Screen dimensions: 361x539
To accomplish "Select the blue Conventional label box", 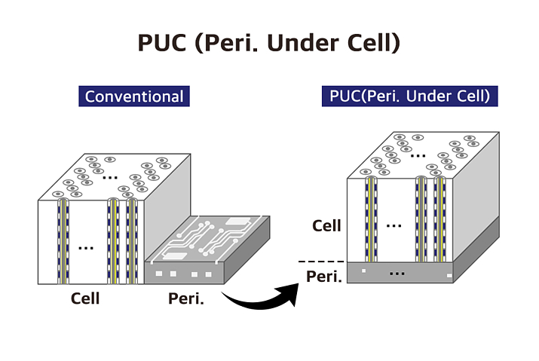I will point(134,96).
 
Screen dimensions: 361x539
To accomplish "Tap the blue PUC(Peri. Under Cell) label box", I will point(410,96).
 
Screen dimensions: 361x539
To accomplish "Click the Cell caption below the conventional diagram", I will point(85,298).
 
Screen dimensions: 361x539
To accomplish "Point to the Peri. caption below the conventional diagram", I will point(183,298).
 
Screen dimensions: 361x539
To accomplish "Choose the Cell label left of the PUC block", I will point(326,225).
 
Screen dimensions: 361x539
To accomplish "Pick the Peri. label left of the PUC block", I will point(325,277).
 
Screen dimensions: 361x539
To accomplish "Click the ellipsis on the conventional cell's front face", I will point(86,247).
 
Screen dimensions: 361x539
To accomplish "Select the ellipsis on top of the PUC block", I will point(418,154).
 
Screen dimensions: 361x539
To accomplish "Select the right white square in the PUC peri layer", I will point(450,277).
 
